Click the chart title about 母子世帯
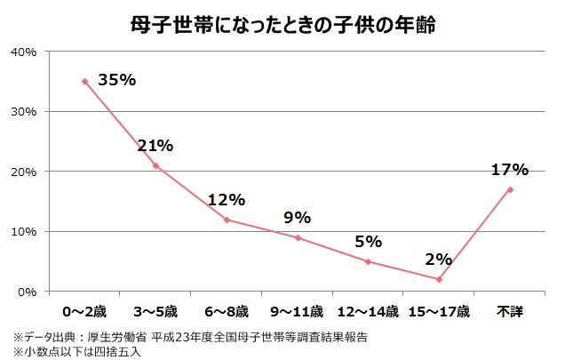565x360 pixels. (283, 21)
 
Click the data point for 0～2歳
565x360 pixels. (85, 81)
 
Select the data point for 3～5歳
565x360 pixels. (155, 165)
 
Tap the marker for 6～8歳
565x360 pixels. (227, 220)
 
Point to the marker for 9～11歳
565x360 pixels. (298, 237)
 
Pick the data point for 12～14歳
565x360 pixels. (368, 261)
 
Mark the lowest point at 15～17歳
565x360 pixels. (439, 279)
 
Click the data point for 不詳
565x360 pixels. (510, 189)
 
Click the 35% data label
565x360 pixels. (117, 80)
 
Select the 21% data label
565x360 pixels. (155, 146)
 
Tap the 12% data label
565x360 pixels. (226, 200)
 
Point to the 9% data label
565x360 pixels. (297, 217)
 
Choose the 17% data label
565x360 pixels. (510, 169)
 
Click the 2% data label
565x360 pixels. (439, 260)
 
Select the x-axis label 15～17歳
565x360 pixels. (439, 312)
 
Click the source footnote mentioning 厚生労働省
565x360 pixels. (190, 337)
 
